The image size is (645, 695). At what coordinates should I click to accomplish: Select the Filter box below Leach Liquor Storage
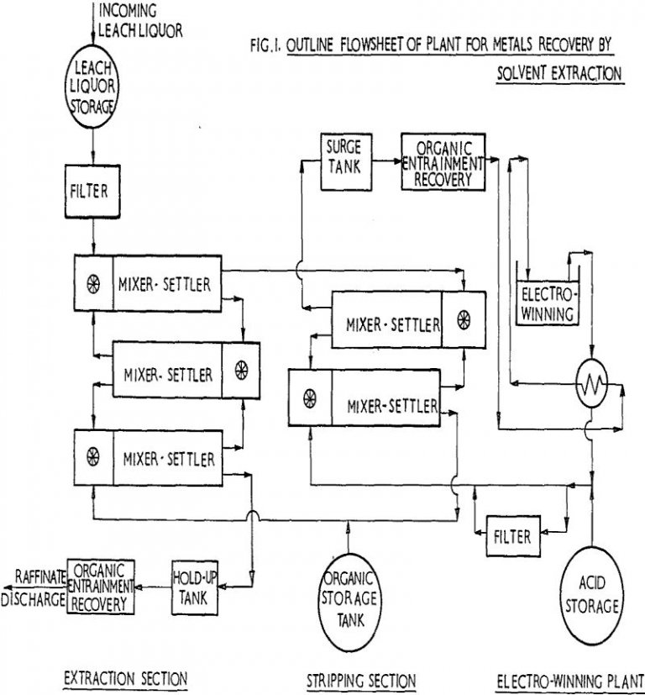point(94,191)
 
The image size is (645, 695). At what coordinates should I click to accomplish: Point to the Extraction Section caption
point(126,677)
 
